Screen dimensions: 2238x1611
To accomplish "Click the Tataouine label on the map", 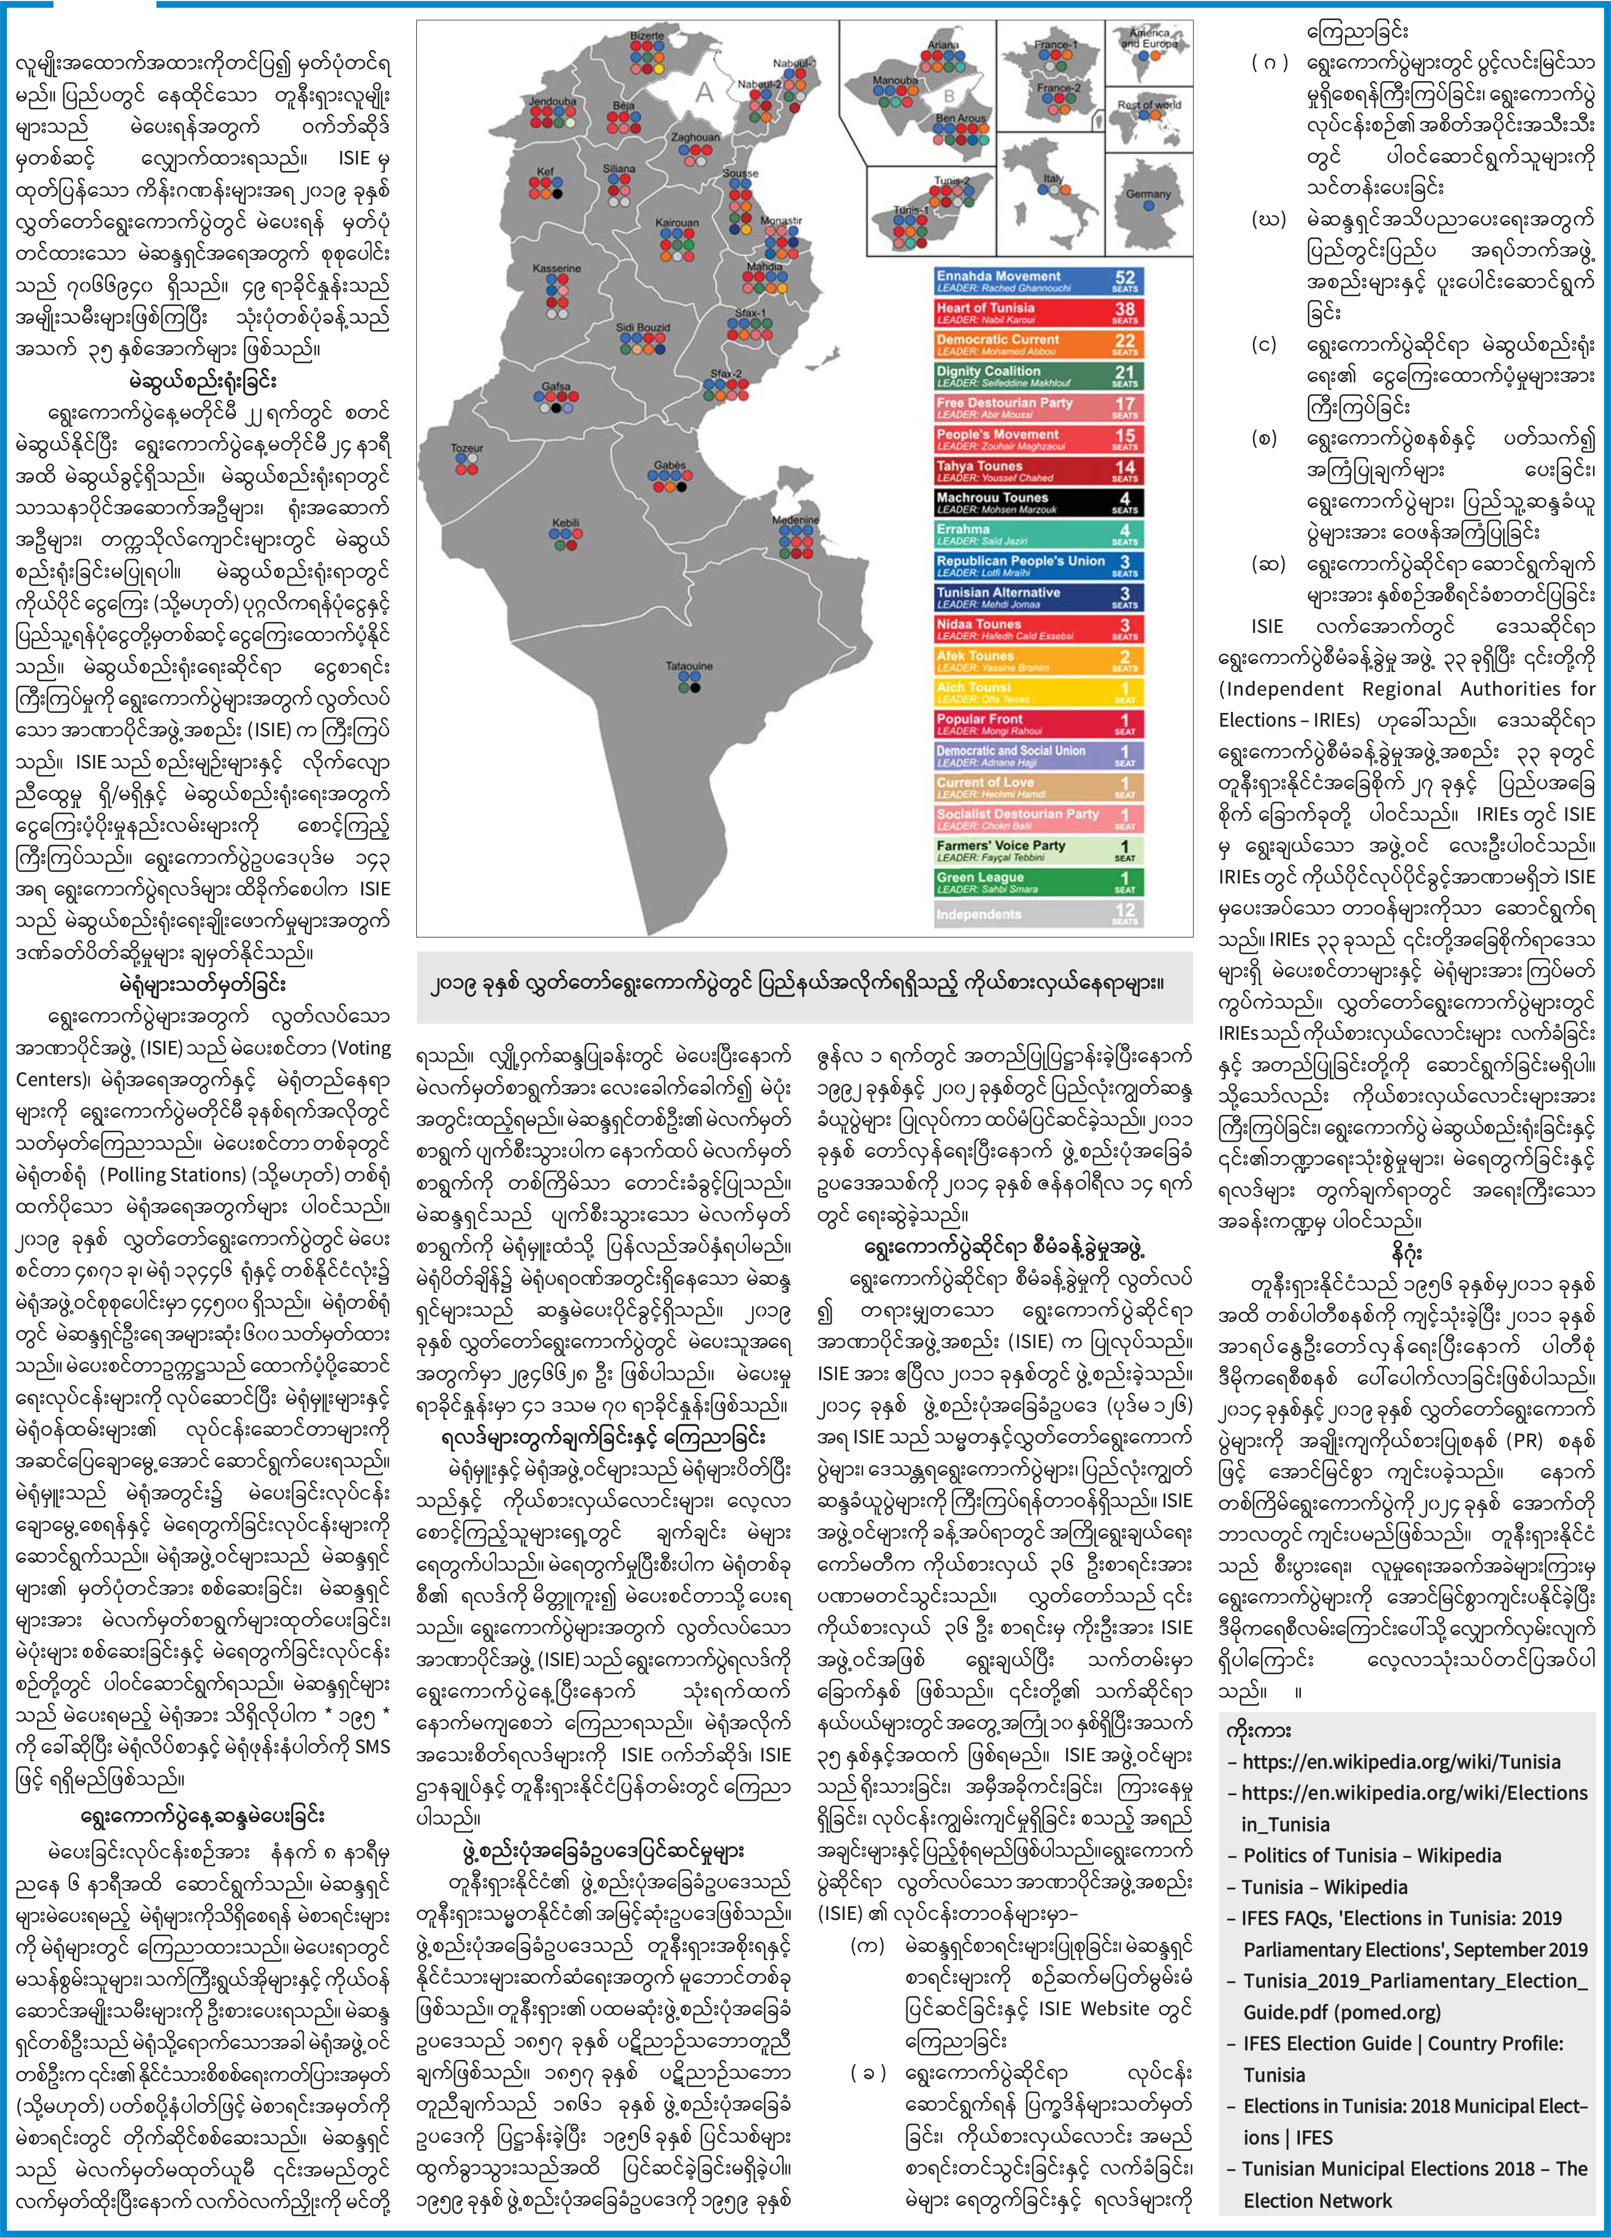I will pos(688,666).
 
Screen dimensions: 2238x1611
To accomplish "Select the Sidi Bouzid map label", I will pos(643,327).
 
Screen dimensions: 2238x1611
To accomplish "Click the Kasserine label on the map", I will pos(557,269).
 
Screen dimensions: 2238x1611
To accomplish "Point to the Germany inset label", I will pos(1148,194).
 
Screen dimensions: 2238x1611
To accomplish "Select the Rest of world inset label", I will pos(1149,105).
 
